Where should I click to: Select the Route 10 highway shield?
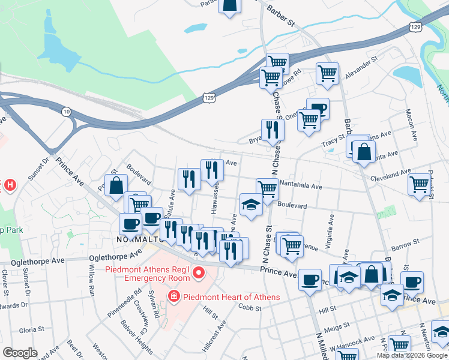point(66,111)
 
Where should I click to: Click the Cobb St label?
point(250,308)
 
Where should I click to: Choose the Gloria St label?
point(29,330)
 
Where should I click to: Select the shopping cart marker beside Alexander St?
point(327,73)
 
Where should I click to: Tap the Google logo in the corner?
point(20,353)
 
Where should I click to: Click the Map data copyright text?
point(411,355)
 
